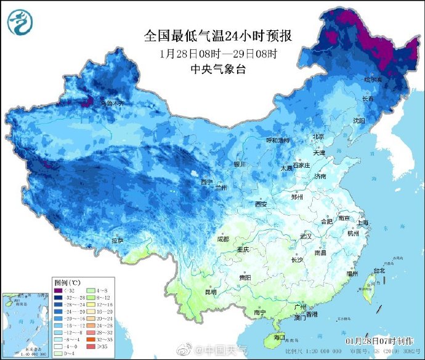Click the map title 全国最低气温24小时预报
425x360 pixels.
coord(217,36)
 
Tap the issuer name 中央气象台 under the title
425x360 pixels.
coord(218,69)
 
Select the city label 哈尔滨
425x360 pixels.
coord(373,80)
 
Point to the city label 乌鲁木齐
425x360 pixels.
coord(112,103)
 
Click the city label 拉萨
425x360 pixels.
coord(118,240)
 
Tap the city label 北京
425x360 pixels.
coord(318,136)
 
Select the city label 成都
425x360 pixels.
coord(222,239)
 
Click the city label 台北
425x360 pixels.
coord(378,270)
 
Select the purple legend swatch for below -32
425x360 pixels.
coord(59,290)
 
